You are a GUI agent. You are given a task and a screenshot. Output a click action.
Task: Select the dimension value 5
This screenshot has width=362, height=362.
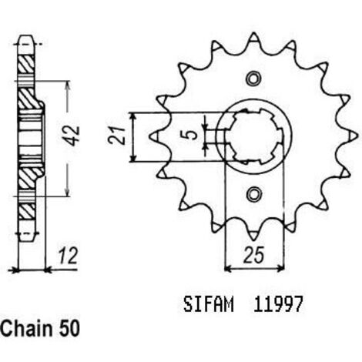tap(190, 134)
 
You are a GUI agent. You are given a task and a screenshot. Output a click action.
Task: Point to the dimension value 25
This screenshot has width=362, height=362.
tap(254, 255)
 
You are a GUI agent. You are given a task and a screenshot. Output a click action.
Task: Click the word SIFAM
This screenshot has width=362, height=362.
tap(209, 304)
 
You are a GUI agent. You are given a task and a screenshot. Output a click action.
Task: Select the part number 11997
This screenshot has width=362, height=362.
tap(278, 304)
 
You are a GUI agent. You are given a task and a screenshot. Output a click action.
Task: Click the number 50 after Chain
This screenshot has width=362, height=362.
tap(69, 329)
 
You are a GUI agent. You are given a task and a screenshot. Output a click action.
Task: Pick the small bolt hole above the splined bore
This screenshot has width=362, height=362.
tap(254, 79)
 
